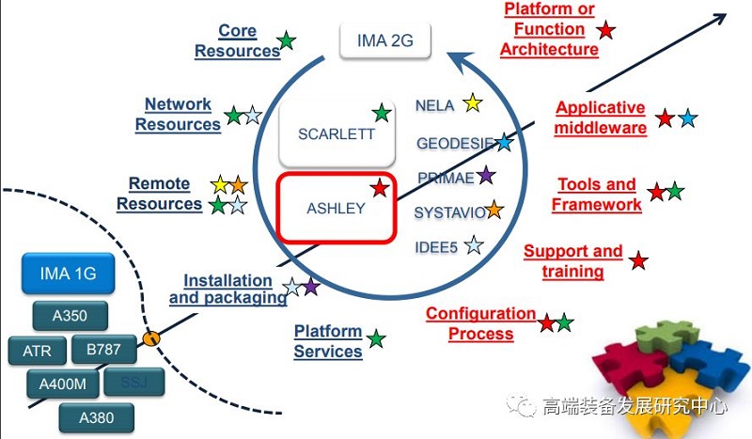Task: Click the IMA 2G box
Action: coord(384,41)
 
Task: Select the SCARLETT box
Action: coord(336,133)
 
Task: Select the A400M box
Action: coord(63,384)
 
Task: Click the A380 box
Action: coord(95,416)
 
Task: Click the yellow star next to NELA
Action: coord(472,103)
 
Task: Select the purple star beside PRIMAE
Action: coord(485,175)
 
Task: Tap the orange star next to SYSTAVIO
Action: coord(493,211)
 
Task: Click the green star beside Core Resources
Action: coord(288,40)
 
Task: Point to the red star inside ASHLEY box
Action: coord(379,188)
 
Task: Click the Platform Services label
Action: coord(328,341)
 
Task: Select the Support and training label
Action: coord(572,261)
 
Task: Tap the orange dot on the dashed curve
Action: coord(149,337)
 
